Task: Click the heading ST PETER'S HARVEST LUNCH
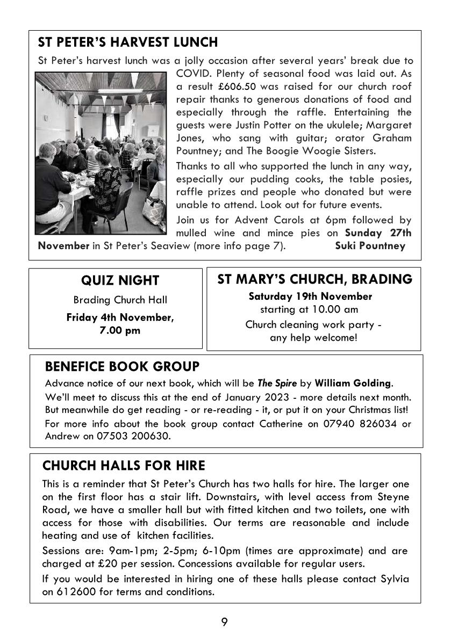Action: pos(128,42)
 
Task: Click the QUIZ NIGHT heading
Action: pos(120,280)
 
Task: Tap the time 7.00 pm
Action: pos(120,330)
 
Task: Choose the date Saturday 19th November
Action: pos(310,296)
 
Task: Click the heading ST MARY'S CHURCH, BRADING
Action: pos(314,279)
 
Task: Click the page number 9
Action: pos(225,623)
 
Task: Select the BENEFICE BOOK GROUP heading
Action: pos(122,367)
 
